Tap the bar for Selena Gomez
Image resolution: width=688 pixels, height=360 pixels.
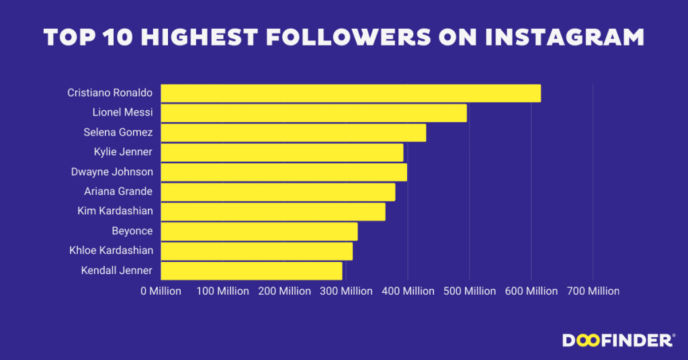[293, 132]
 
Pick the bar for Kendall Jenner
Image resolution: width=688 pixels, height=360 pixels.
[251, 271]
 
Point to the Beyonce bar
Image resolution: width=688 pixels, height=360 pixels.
[259, 231]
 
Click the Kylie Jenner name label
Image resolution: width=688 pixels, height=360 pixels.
[123, 152]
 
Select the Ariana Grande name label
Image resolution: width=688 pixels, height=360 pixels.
[118, 191]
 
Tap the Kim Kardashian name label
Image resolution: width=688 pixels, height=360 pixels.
[115, 211]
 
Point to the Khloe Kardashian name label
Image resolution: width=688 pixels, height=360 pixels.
[111, 251]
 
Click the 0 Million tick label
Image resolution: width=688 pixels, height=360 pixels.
[161, 291]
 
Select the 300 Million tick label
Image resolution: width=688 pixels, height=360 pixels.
[346, 291]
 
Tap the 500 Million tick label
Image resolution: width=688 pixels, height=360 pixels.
[469, 291]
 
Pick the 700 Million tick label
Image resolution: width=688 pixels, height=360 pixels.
[593, 291]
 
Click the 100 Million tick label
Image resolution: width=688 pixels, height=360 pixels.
[223, 291]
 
